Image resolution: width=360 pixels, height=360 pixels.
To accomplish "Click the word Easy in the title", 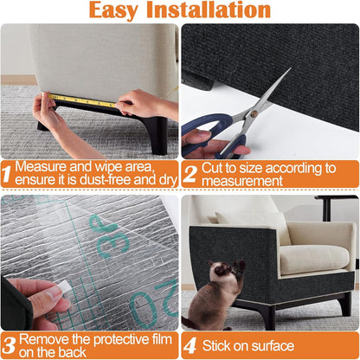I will tap(120, 10).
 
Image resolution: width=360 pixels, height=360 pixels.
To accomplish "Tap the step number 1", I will tap(7, 174).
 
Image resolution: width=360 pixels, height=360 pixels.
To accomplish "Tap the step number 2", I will tap(190, 174).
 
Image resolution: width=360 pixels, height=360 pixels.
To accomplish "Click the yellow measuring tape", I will tap(82, 100).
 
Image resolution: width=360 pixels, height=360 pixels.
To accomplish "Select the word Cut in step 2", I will tap(215, 166).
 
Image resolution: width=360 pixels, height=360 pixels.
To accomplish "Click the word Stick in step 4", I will tap(221, 345).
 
